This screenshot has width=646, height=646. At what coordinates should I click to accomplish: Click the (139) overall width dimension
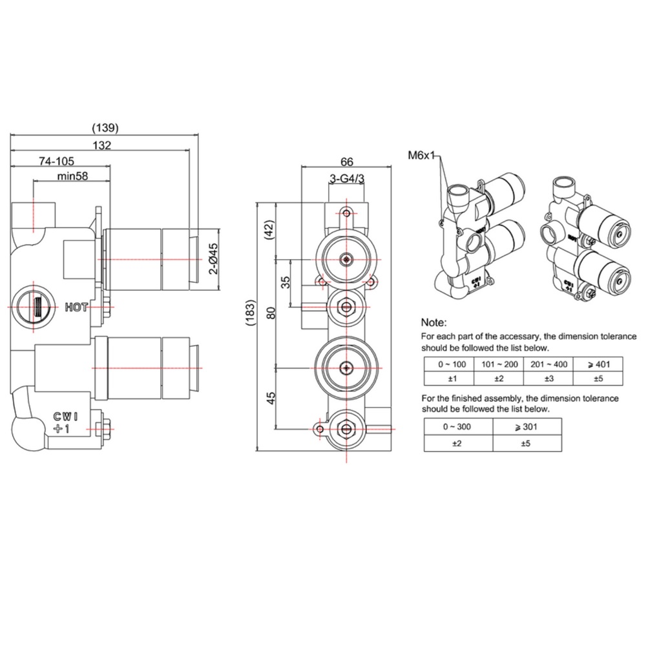[105, 128]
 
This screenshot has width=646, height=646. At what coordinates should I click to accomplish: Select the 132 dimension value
[102, 145]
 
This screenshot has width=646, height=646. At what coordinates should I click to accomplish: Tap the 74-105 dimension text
[56, 161]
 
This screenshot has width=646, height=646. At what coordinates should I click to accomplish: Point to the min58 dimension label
[72, 176]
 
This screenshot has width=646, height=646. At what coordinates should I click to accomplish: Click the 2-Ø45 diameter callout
[213, 259]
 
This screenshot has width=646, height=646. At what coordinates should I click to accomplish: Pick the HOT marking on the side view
[76, 307]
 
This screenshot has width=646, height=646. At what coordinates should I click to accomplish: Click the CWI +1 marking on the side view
[65, 422]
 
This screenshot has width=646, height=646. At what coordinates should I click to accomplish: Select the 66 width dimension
[347, 161]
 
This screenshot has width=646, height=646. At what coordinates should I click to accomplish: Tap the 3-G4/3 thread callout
[347, 179]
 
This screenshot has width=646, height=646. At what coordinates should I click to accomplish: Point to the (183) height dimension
[251, 313]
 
